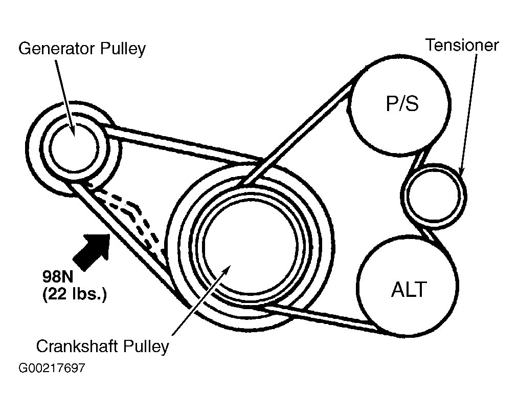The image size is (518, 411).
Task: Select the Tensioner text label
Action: pos(462,45)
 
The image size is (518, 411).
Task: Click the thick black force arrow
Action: pos(92,251)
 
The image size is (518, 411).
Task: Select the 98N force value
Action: pos(58,278)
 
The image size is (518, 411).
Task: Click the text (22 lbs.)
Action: pos(74,295)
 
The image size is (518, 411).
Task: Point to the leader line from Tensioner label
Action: pos(469,113)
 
